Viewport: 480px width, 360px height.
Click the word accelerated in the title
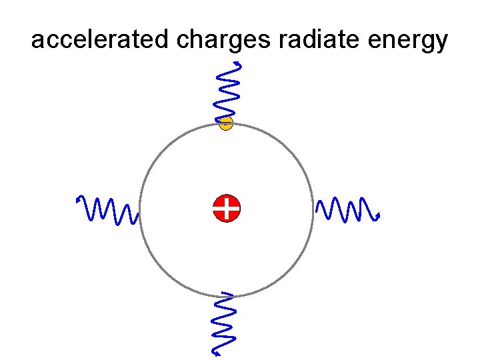[x=101, y=41]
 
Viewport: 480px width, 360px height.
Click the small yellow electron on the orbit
[x=226, y=123]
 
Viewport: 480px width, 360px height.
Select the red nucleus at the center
[x=227, y=209]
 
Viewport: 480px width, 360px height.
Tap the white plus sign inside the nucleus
[x=227, y=209]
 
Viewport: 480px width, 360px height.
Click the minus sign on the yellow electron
[x=226, y=123]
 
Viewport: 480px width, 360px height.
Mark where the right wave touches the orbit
[x=314, y=209]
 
